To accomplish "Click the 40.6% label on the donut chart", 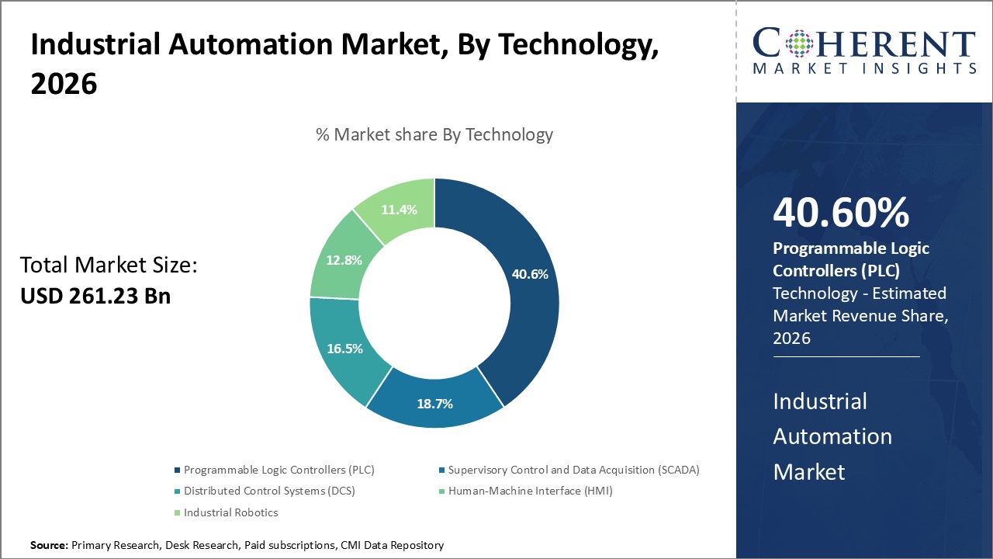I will (x=530, y=274).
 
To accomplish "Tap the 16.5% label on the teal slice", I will (x=344, y=349).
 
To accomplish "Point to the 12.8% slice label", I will (x=344, y=260).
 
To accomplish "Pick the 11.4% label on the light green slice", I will (x=399, y=210).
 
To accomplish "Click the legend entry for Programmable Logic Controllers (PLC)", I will (x=279, y=470).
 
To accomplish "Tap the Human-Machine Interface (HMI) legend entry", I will (x=529, y=491).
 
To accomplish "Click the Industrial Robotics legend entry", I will (x=230, y=512).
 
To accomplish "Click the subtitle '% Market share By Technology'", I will (x=434, y=134).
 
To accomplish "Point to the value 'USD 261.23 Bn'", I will (x=95, y=296).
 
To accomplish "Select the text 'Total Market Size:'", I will (x=109, y=266).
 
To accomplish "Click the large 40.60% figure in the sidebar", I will (x=841, y=213).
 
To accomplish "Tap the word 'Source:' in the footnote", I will (x=49, y=546).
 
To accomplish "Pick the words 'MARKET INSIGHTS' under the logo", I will (x=864, y=69).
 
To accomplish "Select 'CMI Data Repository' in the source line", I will (x=392, y=546).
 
